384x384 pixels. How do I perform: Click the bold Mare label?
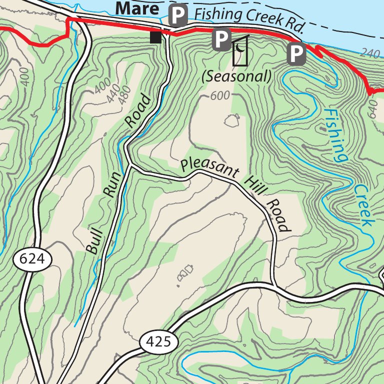point(137,8)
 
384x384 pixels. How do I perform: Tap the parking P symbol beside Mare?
point(177,16)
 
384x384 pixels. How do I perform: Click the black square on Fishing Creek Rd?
point(156,37)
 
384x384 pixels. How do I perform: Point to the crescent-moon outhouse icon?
point(241,50)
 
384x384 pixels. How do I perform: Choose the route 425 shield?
point(158,342)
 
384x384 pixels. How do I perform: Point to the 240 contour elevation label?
point(369,53)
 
